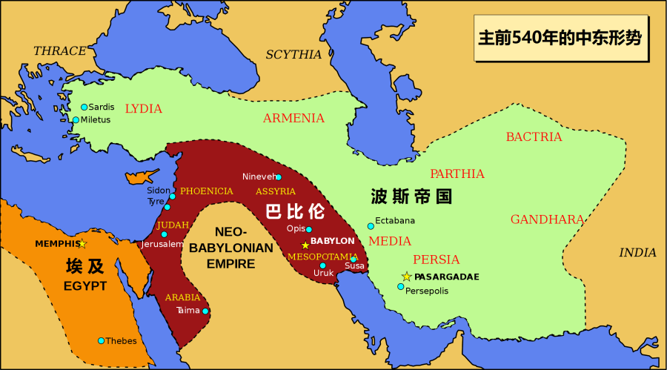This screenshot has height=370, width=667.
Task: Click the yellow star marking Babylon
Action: point(305,245)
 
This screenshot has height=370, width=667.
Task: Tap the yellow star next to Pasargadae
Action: point(406,277)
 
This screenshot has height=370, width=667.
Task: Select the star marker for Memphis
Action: point(82,244)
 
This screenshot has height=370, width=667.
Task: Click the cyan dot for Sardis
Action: point(84,107)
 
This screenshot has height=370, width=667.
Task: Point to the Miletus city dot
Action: point(75,119)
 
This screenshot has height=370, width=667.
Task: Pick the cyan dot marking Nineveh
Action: point(278,177)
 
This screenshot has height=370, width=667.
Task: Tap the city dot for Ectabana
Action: point(371,226)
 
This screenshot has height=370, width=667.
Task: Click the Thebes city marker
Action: point(101,341)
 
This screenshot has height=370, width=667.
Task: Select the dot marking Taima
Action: point(205,311)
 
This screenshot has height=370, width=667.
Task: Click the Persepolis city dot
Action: point(400,287)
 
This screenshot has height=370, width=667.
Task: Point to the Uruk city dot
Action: point(322,265)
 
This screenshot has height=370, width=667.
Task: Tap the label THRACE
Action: point(60,51)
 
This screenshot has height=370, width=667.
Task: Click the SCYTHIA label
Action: point(293,55)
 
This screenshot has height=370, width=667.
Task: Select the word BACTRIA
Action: point(534,137)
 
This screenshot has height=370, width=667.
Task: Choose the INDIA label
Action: point(637,253)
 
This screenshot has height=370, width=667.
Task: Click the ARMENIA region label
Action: point(293,119)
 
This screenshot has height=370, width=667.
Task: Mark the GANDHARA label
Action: point(547,219)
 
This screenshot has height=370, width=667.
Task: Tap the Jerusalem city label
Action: point(162,244)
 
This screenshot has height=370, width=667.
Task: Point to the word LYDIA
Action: point(143,109)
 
